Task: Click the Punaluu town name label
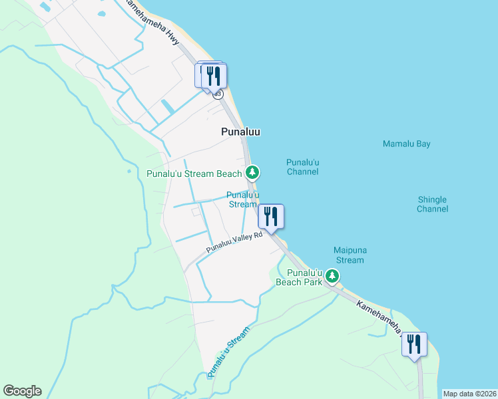point(240,132)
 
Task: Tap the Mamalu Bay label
point(406,144)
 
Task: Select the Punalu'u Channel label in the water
point(302,167)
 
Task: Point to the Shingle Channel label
point(432,204)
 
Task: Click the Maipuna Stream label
point(350,255)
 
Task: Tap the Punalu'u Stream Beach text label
point(194,174)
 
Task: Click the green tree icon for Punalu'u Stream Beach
point(252,174)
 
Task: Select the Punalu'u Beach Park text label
point(300,277)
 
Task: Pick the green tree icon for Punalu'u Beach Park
point(332,276)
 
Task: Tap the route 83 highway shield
point(218,94)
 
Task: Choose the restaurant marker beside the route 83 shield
point(213,74)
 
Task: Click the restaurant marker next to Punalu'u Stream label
point(271,215)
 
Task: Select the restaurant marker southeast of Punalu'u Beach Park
point(414,344)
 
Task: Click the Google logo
point(22,391)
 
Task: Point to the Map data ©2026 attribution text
point(469,394)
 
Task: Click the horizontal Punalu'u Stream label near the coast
point(242,199)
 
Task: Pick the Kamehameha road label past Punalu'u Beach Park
point(382,317)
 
